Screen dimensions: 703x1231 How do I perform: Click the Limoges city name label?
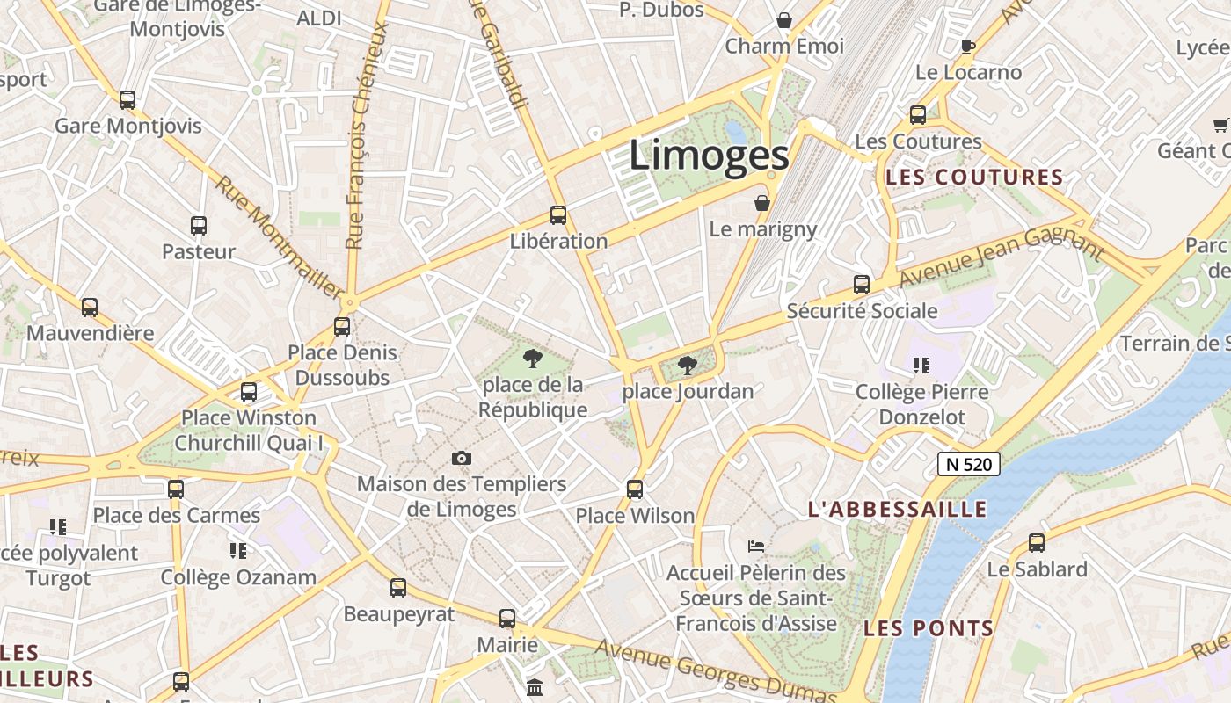[709, 156]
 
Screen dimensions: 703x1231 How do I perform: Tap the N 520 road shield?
[969, 464]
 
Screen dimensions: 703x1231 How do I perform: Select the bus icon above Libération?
[557, 214]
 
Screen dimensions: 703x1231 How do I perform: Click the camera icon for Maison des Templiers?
[461, 458]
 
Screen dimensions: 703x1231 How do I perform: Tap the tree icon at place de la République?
[531, 358]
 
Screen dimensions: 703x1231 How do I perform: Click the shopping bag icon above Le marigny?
[762, 203]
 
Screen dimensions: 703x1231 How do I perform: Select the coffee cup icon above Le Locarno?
[968, 47]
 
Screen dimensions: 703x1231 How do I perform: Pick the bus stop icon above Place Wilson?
[635, 489]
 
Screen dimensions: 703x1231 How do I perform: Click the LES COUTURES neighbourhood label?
[975, 178]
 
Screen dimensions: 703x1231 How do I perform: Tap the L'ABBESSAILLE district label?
[898, 510]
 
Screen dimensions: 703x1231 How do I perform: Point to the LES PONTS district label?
[929, 629]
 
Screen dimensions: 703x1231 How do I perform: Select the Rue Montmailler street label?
[280, 237]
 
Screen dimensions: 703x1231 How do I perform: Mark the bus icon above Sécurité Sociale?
[862, 285]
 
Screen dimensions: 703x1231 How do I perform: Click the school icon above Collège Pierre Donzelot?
[921, 365]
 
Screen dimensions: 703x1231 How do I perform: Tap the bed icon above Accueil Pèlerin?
[756, 547]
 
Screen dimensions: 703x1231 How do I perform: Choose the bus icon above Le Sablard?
[1037, 543]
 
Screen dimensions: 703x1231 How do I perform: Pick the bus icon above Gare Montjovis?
[127, 99]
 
